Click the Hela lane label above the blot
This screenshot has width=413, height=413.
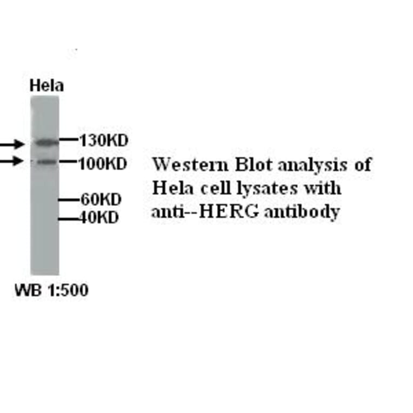[46, 85]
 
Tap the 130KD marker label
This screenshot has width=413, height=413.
[103, 141]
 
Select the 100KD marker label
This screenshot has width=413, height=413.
[103, 163]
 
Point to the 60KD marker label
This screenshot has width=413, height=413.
[101, 199]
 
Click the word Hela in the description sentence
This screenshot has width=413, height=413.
[170, 188]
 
